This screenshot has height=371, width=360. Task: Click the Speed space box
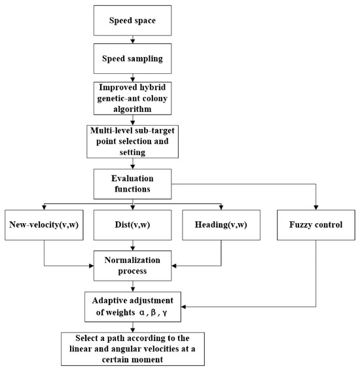coord(134,20)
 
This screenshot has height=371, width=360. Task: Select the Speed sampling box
coord(134,58)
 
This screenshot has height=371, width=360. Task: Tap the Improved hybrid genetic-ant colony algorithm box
coord(134,96)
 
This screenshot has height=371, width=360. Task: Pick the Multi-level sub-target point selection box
coord(134,139)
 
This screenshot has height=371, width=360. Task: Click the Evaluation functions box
coord(134,181)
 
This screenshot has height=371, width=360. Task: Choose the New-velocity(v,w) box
coord(44,225)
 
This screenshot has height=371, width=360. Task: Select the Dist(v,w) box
coord(134,225)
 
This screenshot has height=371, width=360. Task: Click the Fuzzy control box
coord(315,225)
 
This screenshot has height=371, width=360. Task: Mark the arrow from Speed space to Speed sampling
coord(134,40)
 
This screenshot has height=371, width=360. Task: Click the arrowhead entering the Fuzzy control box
coord(315,207)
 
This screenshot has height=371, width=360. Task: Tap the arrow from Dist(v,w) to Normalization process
coord(134,245)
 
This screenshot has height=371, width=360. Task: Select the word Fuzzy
coord(300,225)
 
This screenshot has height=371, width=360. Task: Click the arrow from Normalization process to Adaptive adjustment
coord(134,286)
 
